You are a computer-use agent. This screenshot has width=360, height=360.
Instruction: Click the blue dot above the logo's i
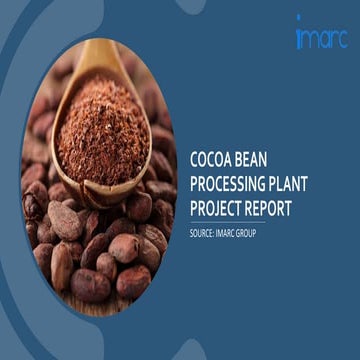[298, 19]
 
